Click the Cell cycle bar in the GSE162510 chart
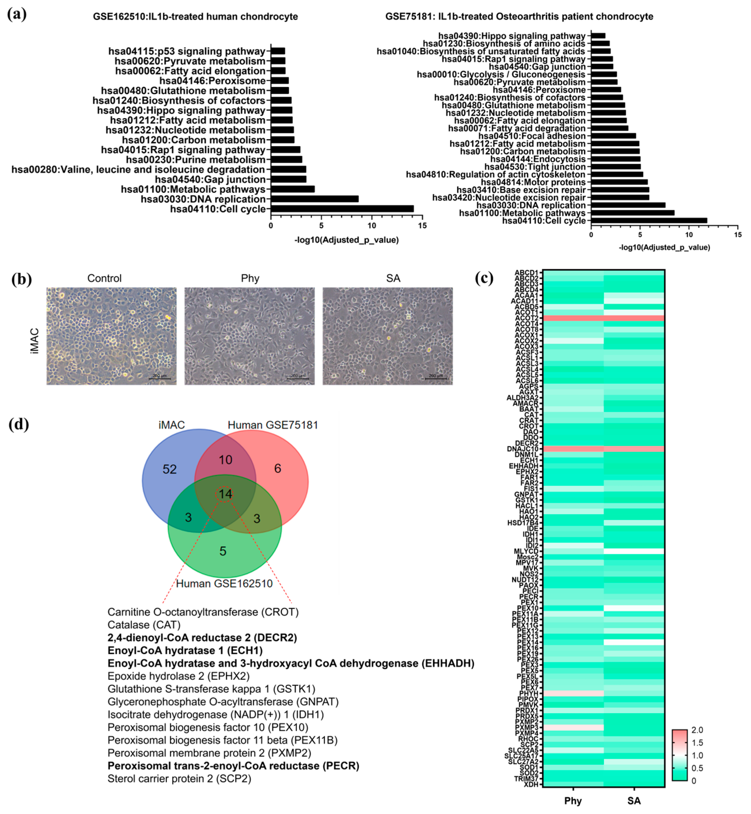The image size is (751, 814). coord(342,209)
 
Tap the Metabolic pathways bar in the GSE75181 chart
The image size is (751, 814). coord(632,213)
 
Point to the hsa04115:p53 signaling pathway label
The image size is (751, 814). coord(187,51)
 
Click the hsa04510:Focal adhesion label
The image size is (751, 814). coord(532,136)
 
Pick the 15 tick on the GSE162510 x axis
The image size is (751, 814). coord(422,226)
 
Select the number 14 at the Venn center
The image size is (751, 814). coord(226,494)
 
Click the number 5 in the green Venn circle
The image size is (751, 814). coord(223,551)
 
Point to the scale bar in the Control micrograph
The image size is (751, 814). coord(159,378)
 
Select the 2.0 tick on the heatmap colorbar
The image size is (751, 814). coord(697,730)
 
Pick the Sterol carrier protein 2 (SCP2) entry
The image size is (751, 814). coord(179,779)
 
